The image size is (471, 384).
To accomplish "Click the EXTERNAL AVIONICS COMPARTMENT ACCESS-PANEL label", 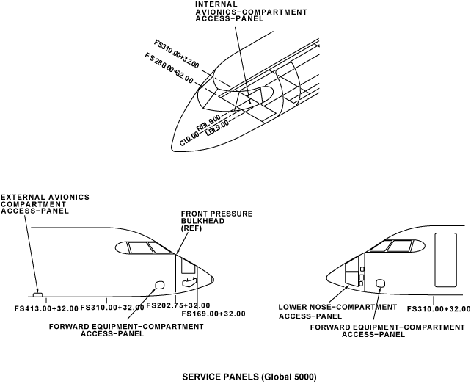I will (x=45, y=203).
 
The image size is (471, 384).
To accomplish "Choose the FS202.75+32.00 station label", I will (x=178, y=305).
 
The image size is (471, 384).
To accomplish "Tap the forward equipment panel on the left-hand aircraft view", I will (x=158, y=285).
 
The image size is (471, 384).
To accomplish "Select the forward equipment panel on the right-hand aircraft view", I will (x=380, y=283).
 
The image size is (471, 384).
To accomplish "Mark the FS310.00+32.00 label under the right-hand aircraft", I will (x=439, y=308).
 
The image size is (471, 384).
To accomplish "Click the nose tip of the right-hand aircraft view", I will (x=326, y=277).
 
